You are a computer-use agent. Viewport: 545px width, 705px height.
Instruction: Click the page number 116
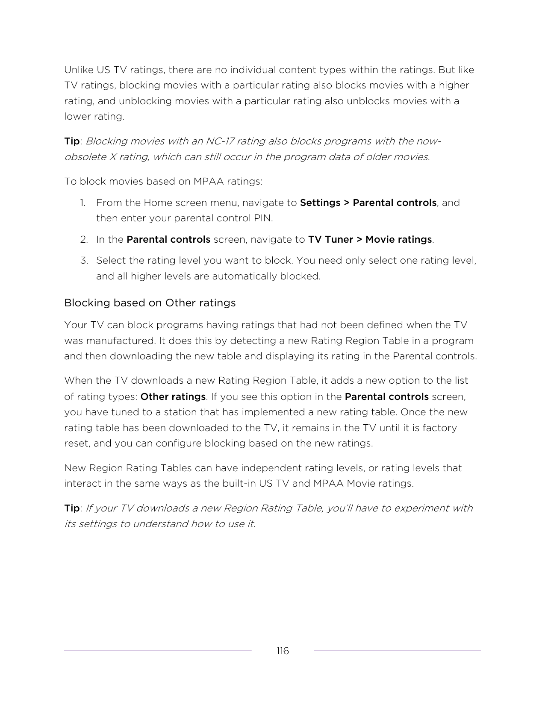(x=283, y=651)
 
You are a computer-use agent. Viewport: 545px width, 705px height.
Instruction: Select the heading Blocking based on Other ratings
(x=150, y=303)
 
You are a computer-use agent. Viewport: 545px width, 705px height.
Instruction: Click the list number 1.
(x=83, y=203)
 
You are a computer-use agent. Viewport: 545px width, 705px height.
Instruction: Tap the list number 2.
(x=84, y=240)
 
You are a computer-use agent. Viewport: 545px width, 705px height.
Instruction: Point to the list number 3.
(x=84, y=261)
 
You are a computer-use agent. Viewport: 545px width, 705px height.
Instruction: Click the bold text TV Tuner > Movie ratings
(x=370, y=240)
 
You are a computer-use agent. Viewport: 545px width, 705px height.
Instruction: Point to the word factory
(x=439, y=428)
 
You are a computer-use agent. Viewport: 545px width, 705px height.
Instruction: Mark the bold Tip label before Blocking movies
(x=72, y=141)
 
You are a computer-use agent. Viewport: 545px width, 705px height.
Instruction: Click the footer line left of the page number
(x=158, y=651)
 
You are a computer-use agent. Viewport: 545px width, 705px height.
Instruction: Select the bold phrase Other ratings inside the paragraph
(x=173, y=397)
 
